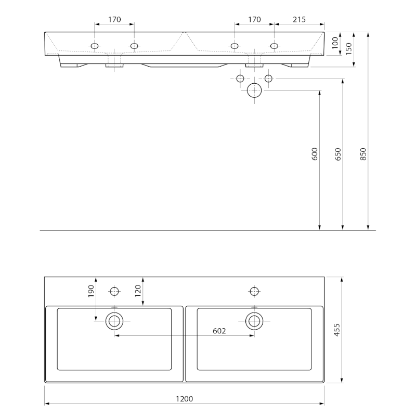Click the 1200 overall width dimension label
pyautogui.click(x=185, y=399)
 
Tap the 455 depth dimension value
pyautogui.click(x=336, y=331)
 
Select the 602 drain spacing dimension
pyautogui.click(x=219, y=331)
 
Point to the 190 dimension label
pyautogui.click(x=91, y=291)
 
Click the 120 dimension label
pyautogui.click(x=138, y=291)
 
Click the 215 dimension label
pyautogui.click(x=299, y=20)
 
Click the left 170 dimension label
pyautogui.click(x=114, y=20)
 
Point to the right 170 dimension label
pyautogui.click(x=254, y=20)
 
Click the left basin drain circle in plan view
pyautogui.click(x=114, y=321)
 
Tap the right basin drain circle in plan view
pyautogui.click(x=254, y=321)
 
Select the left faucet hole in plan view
pyautogui.click(x=114, y=291)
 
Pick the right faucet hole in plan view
pyautogui.click(x=254, y=291)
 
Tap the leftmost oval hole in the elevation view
pyautogui.click(x=95, y=46)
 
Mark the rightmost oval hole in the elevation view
pyautogui.click(x=274, y=46)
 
